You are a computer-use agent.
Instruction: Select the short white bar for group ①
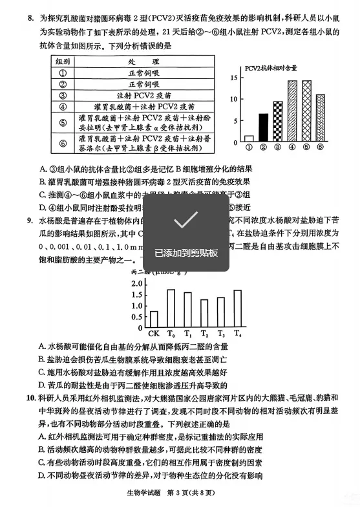tap(249, 138)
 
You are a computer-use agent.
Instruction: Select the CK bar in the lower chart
tap(154, 319)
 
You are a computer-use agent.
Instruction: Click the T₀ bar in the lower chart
tap(171, 309)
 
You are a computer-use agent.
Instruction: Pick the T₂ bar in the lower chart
tap(204, 314)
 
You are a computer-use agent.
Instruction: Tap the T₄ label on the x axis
tap(238, 334)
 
